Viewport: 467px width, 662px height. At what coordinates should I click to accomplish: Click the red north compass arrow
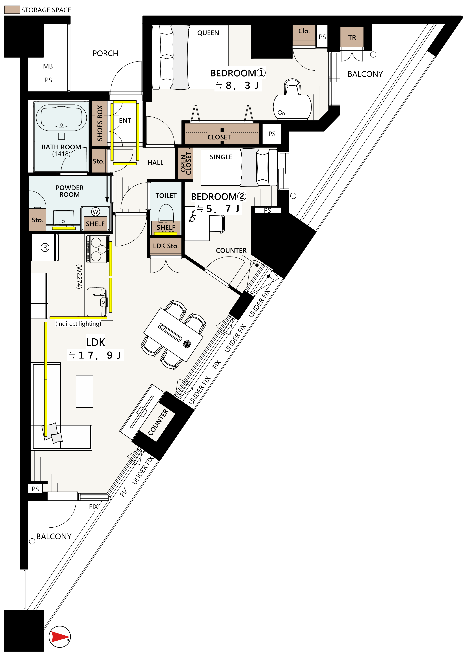60,637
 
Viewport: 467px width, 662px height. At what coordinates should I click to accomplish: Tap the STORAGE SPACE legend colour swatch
12,9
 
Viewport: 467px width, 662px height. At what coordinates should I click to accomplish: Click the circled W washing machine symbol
96,212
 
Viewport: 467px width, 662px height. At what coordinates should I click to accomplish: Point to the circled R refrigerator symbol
45,247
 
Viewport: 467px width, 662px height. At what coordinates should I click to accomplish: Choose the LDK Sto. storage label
166,246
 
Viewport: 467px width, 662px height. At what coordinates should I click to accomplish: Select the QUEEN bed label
208,33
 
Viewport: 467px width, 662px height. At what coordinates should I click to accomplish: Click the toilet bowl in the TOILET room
166,213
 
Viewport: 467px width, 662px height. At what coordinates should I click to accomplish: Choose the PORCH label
105,53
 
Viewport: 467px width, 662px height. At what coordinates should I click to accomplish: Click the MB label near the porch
48,66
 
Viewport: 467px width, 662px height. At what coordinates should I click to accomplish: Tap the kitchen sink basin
97,301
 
